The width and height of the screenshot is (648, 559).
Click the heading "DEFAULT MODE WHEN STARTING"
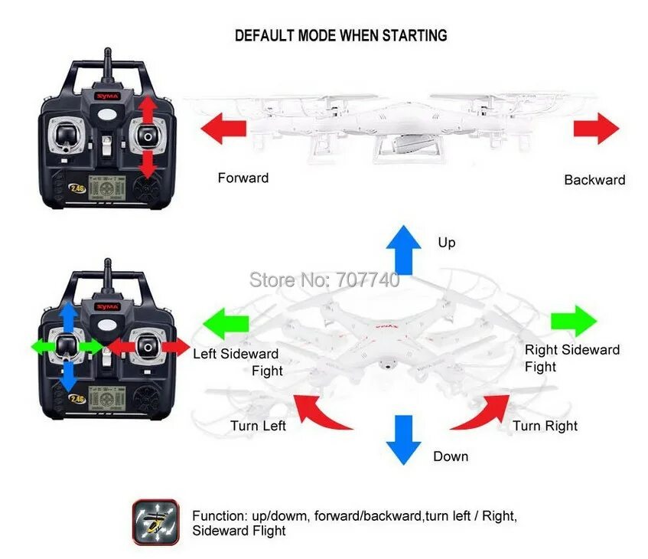(x=340, y=35)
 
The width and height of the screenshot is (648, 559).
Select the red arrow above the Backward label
(x=596, y=127)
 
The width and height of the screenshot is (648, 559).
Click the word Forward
(x=243, y=178)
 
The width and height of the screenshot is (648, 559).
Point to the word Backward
(x=594, y=180)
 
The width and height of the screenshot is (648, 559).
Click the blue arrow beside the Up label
(x=403, y=250)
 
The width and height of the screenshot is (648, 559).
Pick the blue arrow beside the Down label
(x=403, y=440)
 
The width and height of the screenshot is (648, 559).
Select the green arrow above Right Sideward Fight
(x=574, y=320)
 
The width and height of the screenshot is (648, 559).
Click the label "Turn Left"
(x=258, y=426)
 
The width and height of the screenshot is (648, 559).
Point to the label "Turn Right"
(x=545, y=426)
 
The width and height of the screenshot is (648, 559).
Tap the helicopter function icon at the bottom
(x=155, y=522)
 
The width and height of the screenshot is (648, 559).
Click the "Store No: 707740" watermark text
(x=324, y=279)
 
